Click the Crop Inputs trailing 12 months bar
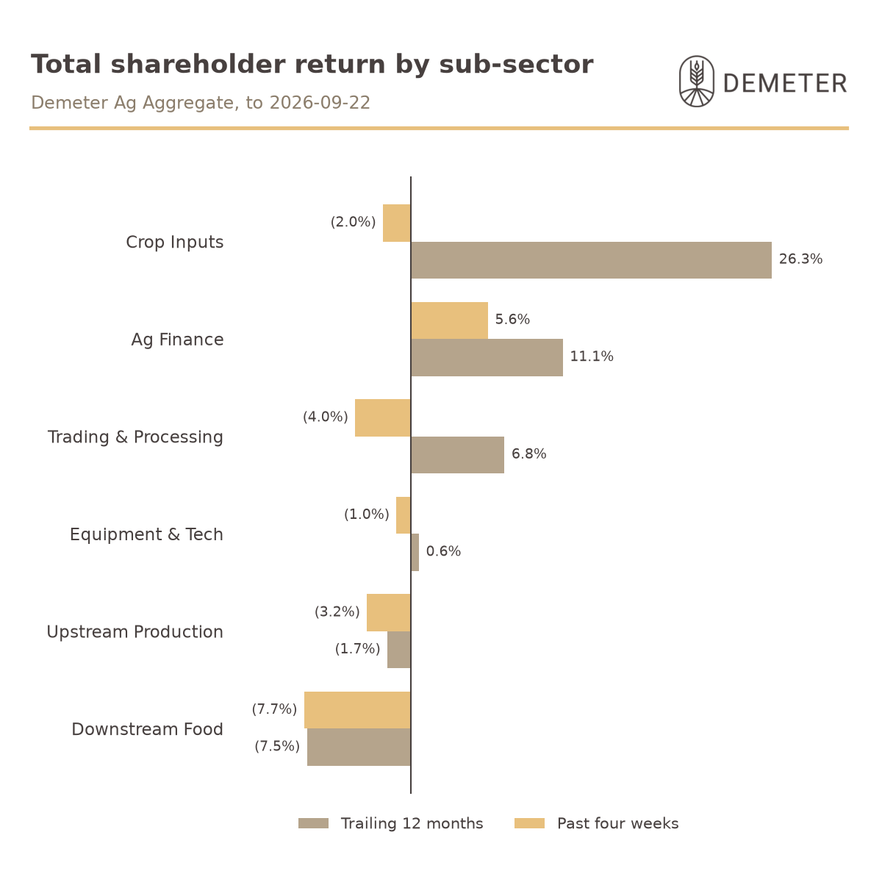[591, 260]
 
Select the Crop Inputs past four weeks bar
[397, 223]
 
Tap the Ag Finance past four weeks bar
[450, 320]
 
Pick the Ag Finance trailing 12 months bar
[487, 357]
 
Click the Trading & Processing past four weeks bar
[383, 418]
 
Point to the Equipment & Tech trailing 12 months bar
[415, 552]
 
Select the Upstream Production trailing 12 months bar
[399, 650]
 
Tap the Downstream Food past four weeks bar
[358, 710]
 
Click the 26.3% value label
[800, 259]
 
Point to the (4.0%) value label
[326, 417]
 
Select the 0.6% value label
[443, 551]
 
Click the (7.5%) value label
[277, 746]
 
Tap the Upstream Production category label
[135, 632]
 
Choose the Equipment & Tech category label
[146, 534]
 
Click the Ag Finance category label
[178, 340]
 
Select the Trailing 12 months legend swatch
[314, 823]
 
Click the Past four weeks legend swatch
[529, 823]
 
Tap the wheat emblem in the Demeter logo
[697, 82]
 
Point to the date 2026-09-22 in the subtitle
[320, 102]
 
